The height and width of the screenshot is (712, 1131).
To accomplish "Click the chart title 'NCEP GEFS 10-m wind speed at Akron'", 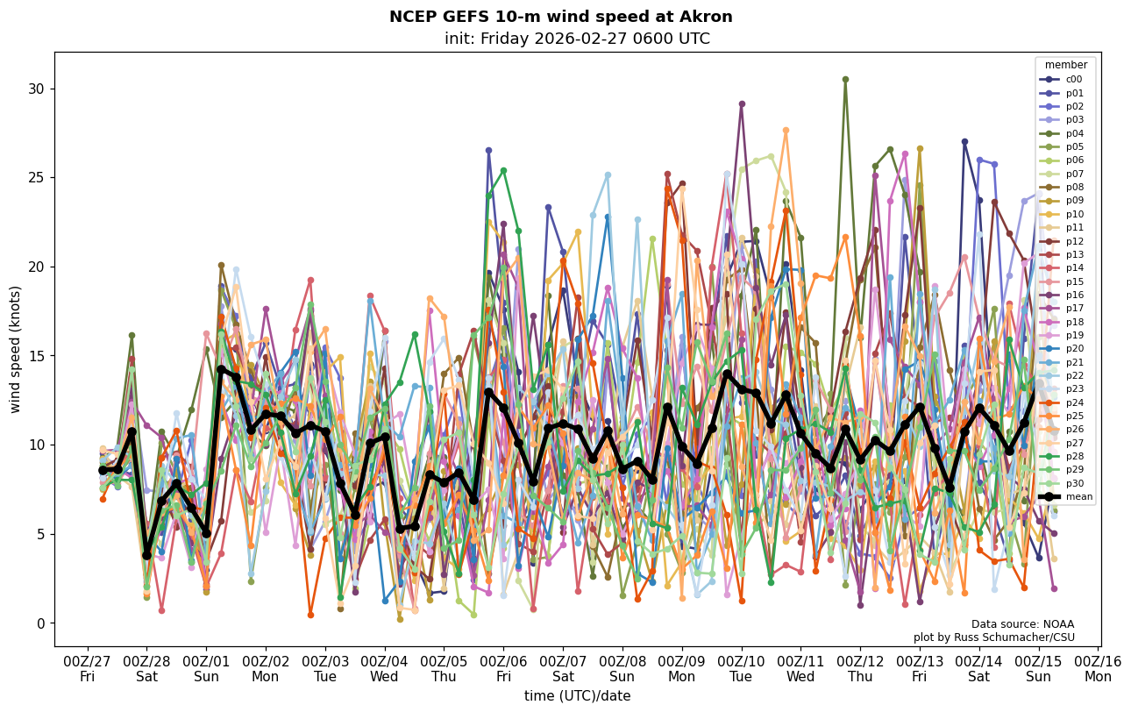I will (x=560, y=17).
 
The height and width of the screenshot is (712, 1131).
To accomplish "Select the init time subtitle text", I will (x=577, y=39).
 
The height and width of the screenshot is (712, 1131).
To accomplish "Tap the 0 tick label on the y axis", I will (x=40, y=623).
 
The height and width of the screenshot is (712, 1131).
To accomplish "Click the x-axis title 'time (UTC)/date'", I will (x=577, y=695).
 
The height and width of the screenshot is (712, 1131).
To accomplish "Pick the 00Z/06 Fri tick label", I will (x=503, y=668).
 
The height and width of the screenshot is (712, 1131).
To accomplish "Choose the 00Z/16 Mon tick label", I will (x=1098, y=668).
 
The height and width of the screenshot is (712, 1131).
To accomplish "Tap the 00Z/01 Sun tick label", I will (x=206, y=668).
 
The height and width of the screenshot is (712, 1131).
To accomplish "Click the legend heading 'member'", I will (x=1065, y=65).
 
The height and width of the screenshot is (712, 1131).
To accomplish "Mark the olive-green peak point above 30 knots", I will (x=845, y=79).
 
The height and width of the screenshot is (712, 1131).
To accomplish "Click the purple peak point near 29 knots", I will (x=742, y=103).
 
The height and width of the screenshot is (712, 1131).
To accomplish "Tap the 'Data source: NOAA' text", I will (x=1022, y=624).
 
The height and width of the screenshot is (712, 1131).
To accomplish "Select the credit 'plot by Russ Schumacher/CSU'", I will (x=993, y=637).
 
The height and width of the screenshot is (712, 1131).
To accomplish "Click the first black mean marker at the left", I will (x=103, y=470).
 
